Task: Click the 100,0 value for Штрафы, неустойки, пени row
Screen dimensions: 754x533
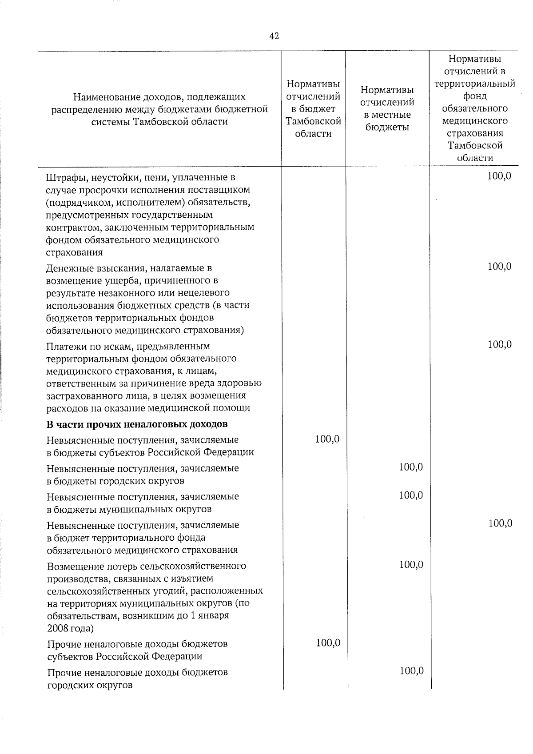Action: pyautogui.click(x=499, y=176)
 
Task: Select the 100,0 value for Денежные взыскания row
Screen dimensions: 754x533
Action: pyautogui.click(x=499, y=267)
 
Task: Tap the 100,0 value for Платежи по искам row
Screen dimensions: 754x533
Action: pyautogui.click(x=500, y=344)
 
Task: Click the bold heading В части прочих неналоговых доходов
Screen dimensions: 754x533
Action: pyautogui.click(x=137, y=424)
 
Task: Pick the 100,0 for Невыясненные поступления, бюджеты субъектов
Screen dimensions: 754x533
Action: pyautogui.click(x=327, y=439)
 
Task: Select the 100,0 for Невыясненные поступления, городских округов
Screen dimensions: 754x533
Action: pyautogui.click(x=411, y=467)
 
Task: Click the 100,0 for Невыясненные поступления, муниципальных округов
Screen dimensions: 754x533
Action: pyautogui.click(x=411, y=495)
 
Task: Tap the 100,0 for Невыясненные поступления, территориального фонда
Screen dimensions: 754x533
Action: pyautogui.click(x=500, y=523)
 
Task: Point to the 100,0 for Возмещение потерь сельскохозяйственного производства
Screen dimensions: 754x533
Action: pyautogui.click(x=411, y=565)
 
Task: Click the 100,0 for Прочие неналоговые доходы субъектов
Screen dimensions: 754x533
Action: pyautogui.click(x=328, y=642)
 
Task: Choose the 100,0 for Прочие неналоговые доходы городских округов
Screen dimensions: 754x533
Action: pyautogui.click(x=411, y=671)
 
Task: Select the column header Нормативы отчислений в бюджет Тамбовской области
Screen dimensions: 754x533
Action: pyautogui.click(x=314, y=109)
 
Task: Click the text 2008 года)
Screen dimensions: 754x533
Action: pyautogui.click(x=70, y=628)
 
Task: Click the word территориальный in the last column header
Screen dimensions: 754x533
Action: pyautogui.click(x=475, y=84)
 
